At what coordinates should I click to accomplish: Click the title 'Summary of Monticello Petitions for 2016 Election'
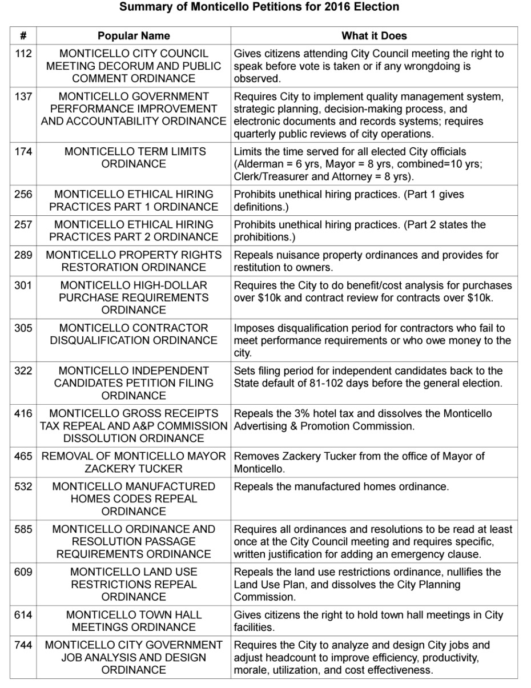pos(259,7)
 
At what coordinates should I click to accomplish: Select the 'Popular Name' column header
pos(134,36)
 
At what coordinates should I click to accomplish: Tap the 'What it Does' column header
pos(374,36)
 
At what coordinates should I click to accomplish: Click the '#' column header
pos(23,36)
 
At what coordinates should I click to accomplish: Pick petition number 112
pos(23,54)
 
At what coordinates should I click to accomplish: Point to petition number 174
pos(23,152)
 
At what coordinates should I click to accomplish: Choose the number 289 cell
pos(23,255)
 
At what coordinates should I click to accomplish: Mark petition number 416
pos(23,413)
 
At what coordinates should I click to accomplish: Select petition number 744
pos(23,645)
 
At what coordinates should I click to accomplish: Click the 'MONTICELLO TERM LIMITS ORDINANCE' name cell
pos(134,158)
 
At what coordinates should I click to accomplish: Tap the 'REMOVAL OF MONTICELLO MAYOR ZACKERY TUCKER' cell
pos(134,462)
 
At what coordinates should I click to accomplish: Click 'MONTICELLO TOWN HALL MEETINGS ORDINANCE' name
pos(134,621)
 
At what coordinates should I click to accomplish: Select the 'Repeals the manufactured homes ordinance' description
pos(341,486)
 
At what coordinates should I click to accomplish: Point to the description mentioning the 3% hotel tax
pos(363,420)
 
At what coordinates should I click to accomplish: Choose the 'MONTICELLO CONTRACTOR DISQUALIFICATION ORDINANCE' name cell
pos(134,335)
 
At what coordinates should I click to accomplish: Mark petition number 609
pos(23,572)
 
